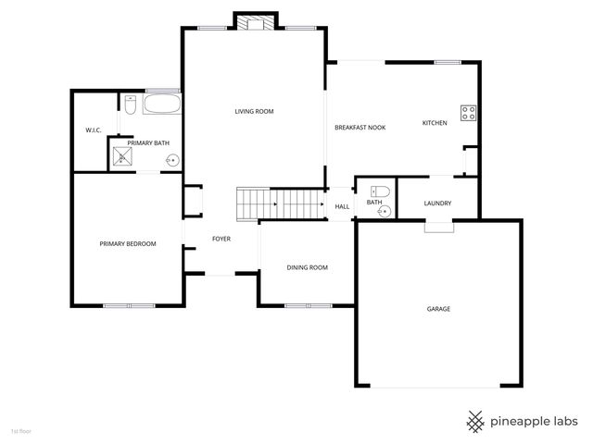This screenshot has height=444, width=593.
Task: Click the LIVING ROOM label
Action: (253, 112)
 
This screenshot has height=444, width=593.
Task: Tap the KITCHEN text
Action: (435, 123)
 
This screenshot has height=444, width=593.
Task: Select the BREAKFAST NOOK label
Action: (360, 127)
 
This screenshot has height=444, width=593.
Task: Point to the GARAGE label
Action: (438, 309)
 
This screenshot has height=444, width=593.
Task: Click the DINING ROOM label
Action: (307, 268)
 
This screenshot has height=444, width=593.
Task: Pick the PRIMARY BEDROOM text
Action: (128, 244)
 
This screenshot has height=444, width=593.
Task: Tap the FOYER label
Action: (221, 240)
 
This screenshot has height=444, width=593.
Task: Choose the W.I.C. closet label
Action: (94, 130)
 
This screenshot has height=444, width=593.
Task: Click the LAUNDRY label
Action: (437, 203)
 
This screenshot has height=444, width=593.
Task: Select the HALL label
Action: (342, 206)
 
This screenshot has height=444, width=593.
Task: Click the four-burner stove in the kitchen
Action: (469, 114)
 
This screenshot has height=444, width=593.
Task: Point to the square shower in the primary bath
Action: (122, 155)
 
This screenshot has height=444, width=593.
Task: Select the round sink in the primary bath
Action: (171, 160)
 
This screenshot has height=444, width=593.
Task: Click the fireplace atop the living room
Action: (255, 21)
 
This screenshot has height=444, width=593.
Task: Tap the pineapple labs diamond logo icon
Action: (476, 421)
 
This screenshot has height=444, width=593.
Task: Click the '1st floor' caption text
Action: (20, 431)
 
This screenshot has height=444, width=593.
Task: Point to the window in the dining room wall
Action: (308, 305)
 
